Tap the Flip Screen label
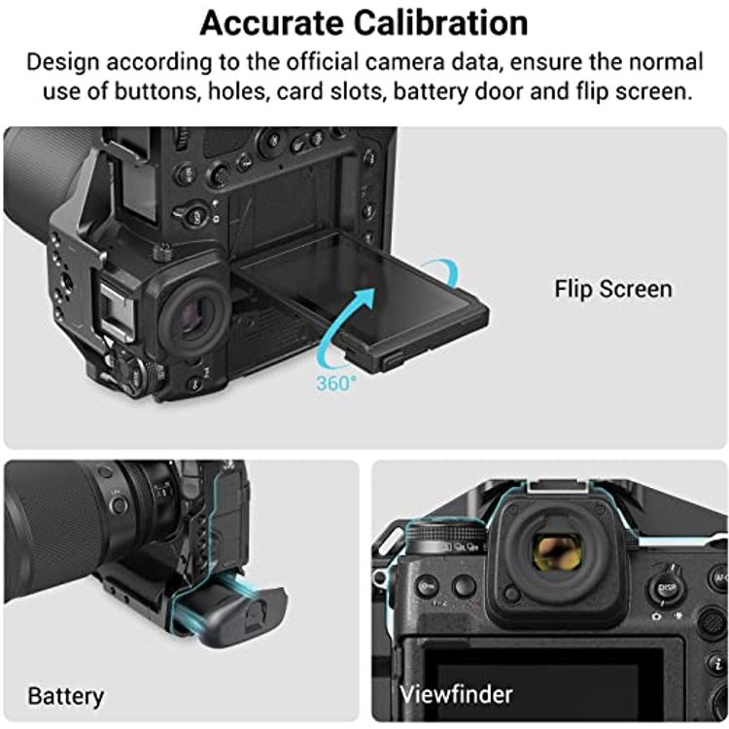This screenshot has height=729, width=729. (x=612, y=289)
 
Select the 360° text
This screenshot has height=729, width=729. (x=335, y=383)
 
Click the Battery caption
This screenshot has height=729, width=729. (x=65, y=696)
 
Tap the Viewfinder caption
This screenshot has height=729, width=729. (x=456, y=695)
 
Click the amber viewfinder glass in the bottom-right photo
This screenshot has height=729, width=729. (x=558, y=553)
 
